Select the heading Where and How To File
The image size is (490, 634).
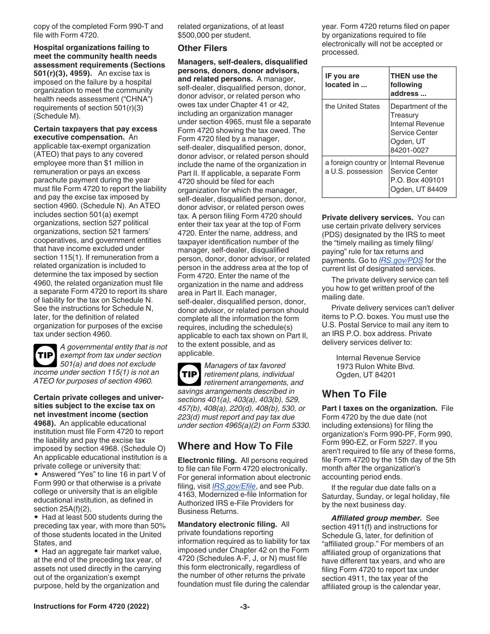(235, 446)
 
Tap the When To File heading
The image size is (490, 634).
(354, 394)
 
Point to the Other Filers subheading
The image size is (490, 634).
(202, 48)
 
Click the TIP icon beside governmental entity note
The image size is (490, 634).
(45, 356)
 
